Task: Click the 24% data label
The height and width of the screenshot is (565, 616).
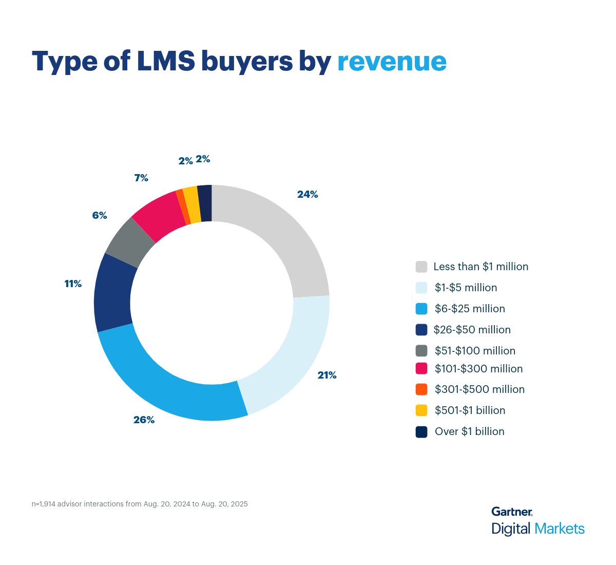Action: (x=307, y=194)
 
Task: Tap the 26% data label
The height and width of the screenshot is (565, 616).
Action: (x=144, y=420)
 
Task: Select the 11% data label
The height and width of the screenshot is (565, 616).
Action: (x=73, y=284)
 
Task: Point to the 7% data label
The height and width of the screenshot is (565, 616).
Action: (x=141, y=178)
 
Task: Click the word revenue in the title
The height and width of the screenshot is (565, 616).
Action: (x=392, y=61)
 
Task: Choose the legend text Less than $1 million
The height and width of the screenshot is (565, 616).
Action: (x=480, y=267)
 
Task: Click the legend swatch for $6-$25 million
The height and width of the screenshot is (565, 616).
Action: (x=421, y=309)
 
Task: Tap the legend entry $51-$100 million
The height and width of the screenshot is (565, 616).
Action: (x=475, y=351)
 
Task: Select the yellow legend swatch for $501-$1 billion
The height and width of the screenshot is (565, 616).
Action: (x=421, y=410)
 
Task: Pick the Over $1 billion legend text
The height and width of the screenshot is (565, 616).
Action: (x=469, y=431)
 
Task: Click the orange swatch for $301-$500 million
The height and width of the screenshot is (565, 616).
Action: (x=421, y=389)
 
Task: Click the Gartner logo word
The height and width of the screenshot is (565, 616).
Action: (x=511, y=512)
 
